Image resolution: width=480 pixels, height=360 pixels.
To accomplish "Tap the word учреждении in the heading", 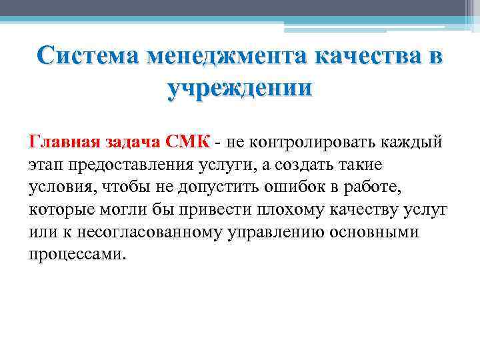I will pos(239,89).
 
